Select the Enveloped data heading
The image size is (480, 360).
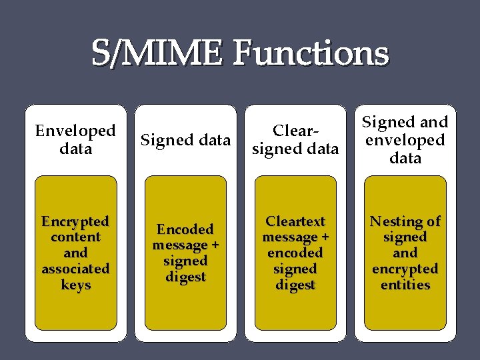pyautogui.click(x=75, y=139)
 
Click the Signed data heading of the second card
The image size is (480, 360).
pyautogui.click(x=185, y=140)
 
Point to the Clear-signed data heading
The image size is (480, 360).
pyautogui.click(x=295, y=140)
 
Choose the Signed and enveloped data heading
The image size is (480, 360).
pyautogui.click(x=405, y=140)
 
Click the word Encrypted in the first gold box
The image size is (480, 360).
pyautogui.click(x=75, y=221)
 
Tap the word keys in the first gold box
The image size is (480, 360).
pyautogui.click(x=75, y=285)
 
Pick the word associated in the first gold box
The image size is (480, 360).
pyautogui.click(x=75, y=269)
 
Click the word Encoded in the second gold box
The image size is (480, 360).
pyautogui.click(x=185, y=229)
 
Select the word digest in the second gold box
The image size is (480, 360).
pyautogui.click(x=185, y=277)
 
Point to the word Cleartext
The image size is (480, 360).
pyautogui.click(x=295, y=221)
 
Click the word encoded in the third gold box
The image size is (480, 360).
pyautogui.click(x=295, y=253)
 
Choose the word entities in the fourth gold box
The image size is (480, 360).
pyautogui.click(x=405, y=285)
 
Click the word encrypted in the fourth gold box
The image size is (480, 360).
pyautogui.click(x=405, y=269)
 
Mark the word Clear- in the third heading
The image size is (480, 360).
pyautogui.click(x=295, y=131)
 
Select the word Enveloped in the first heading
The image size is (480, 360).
pyautogui.click(x=75, y=131)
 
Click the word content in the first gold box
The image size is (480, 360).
pyautogui.click(x=75, y=237)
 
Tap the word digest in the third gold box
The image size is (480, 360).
pyautogui.click(x=295, y=285)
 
